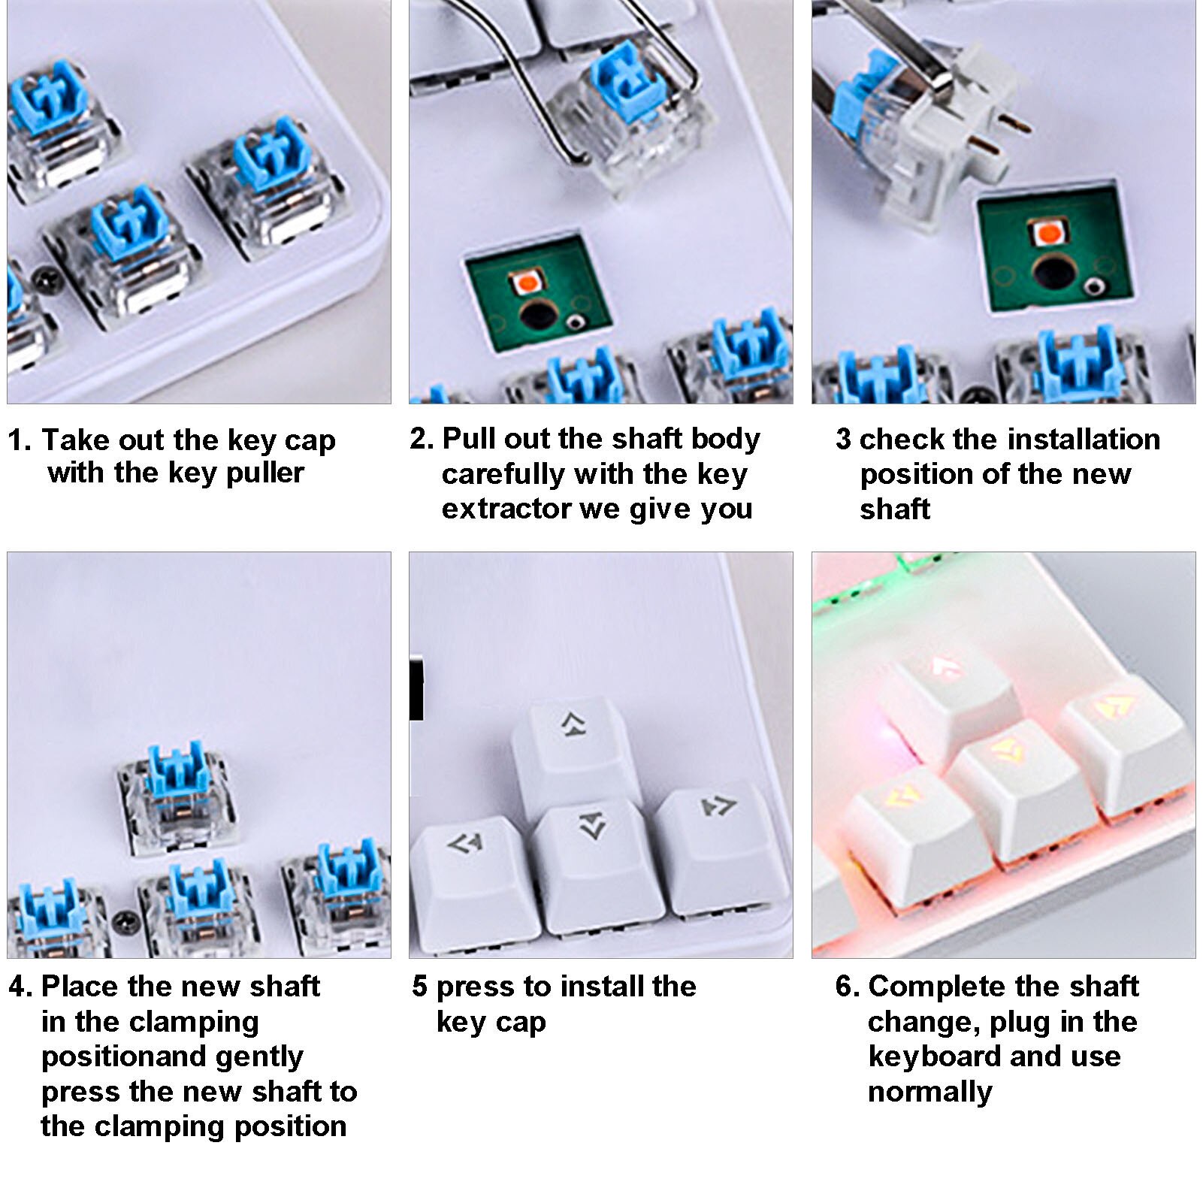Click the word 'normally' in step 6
coord(929,1092)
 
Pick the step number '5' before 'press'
coord(419,987)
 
